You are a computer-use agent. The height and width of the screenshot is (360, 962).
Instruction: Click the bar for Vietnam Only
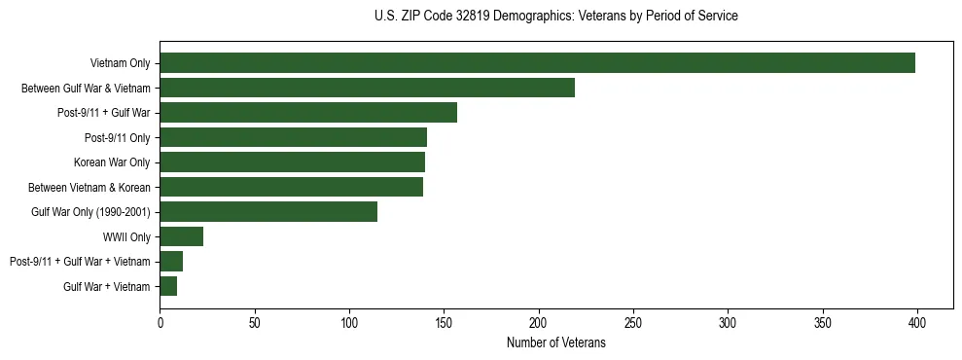(x=537, y=63)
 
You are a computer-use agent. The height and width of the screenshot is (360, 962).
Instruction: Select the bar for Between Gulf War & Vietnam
(x=367, y=88)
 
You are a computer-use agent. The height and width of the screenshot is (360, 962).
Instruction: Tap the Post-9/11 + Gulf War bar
(x=308, y=113)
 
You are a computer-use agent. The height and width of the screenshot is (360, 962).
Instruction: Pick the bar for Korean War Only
(x=292, y=162)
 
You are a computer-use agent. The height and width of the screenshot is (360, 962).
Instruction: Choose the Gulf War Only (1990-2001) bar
(x=268, y=212)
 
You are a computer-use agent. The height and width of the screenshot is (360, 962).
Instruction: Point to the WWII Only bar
(x=181, y=236)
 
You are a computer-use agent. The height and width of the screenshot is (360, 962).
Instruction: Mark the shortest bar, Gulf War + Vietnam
(x=168, y=286)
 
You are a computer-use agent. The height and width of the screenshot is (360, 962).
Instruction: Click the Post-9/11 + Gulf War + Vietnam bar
(x=171, y=262)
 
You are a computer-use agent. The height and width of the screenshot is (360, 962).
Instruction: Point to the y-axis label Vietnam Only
(x=120, y=64)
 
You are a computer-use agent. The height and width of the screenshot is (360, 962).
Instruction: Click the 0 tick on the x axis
(x=160, y=320)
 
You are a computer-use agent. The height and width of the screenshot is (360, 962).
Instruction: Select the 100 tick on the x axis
(x=349, y=320)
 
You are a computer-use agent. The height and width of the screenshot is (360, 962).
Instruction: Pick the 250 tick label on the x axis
(x=633, y=320)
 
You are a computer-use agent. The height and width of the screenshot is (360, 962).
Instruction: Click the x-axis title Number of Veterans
(x=555, y=342)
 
